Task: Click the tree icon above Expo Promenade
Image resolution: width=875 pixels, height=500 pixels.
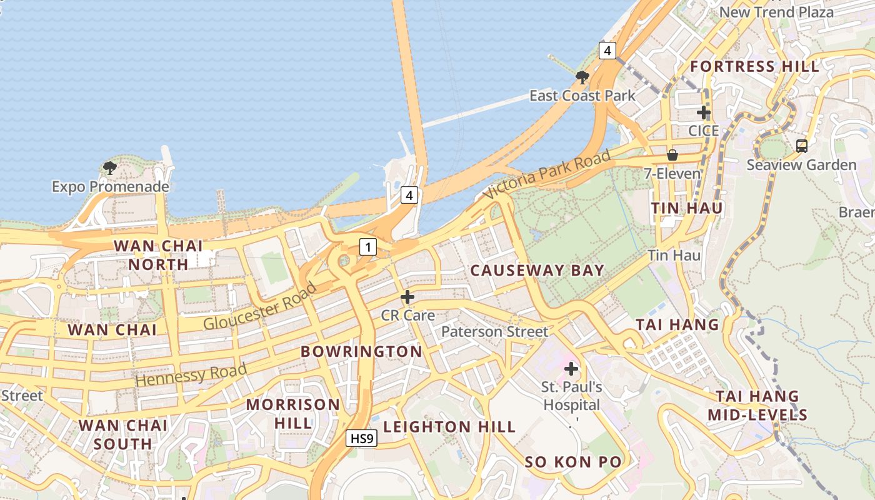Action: (110, 167)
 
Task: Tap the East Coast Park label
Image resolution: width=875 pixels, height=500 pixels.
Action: (582, 96)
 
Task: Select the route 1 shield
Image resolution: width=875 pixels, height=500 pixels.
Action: (368, 247)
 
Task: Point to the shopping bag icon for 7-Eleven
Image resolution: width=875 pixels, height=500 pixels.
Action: (672, 154)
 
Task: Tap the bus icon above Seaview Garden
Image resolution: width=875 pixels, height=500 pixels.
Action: (802, 146)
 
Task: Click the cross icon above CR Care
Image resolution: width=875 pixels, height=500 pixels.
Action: (407, 297)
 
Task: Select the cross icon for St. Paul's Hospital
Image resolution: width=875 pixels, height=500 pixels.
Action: (571, 369)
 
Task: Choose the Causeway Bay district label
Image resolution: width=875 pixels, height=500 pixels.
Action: (537, 271)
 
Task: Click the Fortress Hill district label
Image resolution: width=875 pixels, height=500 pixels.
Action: (754, 66)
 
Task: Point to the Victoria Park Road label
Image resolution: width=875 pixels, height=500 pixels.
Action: (547, 175)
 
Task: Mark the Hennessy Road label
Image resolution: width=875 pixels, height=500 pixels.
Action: (191, 374)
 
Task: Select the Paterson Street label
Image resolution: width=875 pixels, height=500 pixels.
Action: (494, 331)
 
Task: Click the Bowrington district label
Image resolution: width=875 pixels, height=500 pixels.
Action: (361, 351)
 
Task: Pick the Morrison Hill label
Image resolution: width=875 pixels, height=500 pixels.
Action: (293, 413)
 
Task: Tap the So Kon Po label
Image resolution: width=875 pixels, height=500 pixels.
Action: (573, 462)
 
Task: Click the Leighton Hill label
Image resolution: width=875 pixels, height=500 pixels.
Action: (449, 427)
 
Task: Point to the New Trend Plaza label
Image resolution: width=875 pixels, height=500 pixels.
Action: (776, 12)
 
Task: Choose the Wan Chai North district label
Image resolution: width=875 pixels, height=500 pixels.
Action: (159, 255)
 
